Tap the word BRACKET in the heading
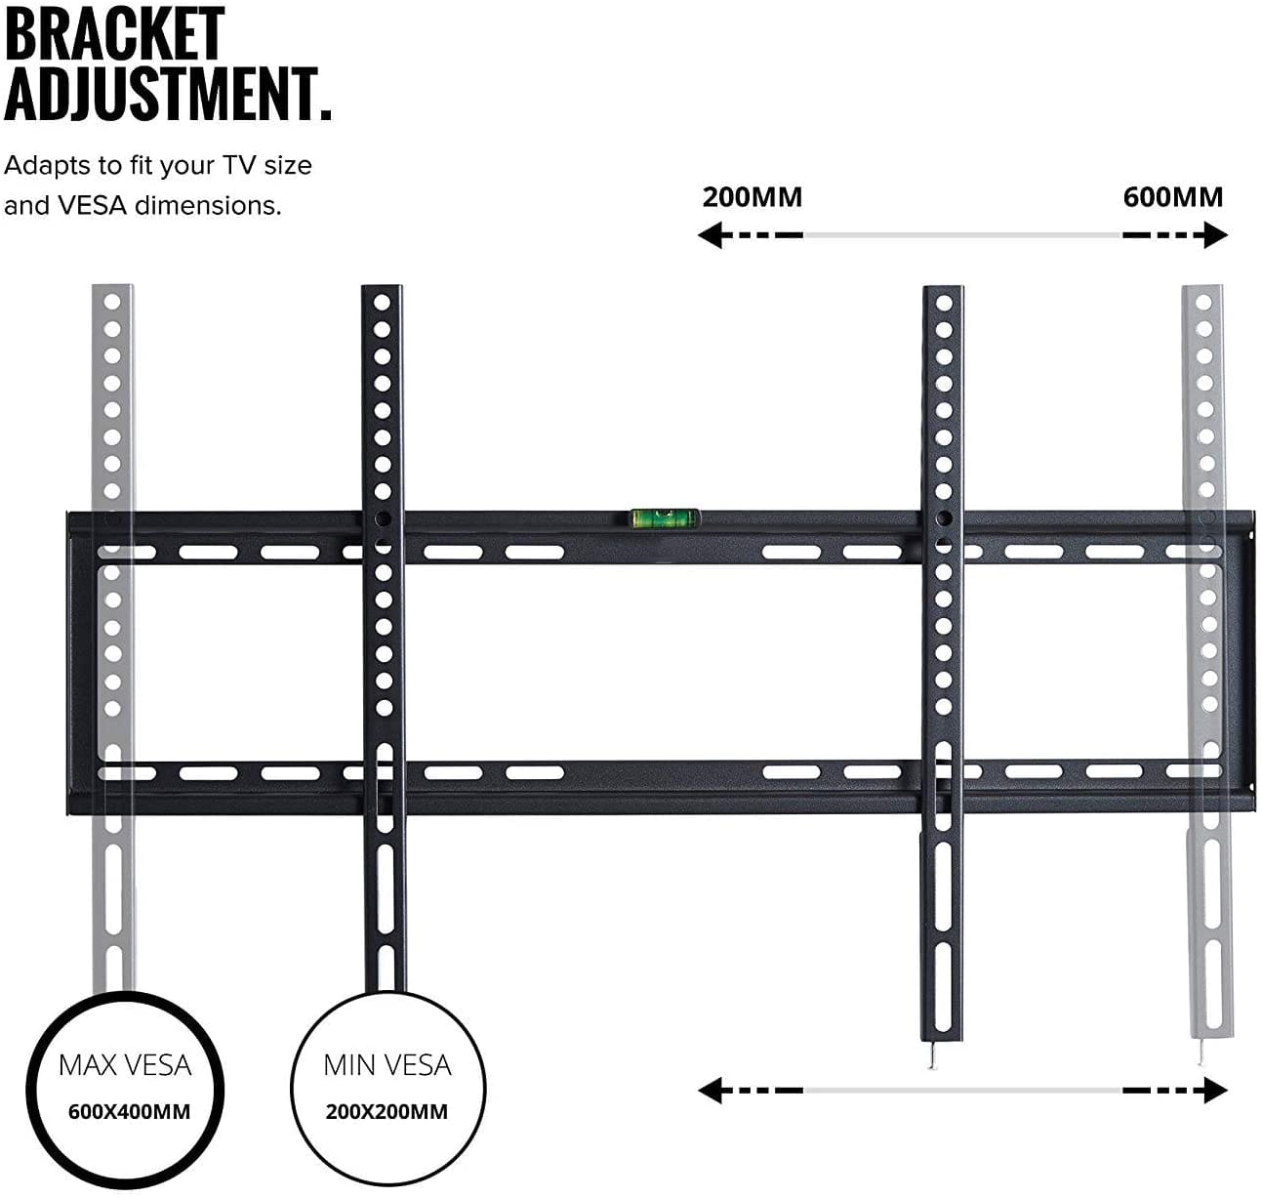click(x=114, y=34)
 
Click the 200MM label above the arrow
click(x=752, y=197)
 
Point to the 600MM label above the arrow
click(x=1172, y=197)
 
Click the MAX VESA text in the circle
click(x=125, y=1064)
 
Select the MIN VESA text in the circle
click(x=387, y=1064)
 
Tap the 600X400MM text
click(x=129, y=1111)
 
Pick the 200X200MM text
click(x=387, y=1111)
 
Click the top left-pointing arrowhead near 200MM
click(x=710, y=235)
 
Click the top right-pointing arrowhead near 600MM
click(x=1216, y=235)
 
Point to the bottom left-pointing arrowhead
click(x=710, y=1090)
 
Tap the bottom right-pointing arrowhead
click(x=1216, y=1090)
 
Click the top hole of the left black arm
click(x=383, y=303)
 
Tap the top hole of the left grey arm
click(x=113, y=303)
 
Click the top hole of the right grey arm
click(x=1203, y=303)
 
